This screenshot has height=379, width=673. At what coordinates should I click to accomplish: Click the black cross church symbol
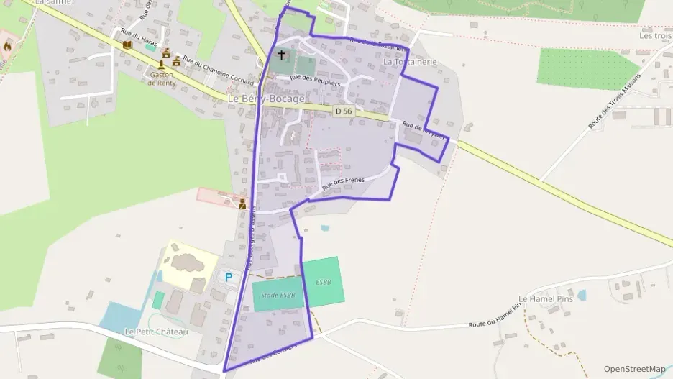tap(281, 55)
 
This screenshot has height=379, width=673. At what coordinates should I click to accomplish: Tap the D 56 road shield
tap(344, 111)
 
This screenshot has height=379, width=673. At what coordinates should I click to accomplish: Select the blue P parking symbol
tap(229, 277)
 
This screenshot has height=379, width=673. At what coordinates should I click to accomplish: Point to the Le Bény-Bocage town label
tap(266, 99)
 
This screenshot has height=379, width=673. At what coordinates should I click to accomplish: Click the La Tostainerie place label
tap(410, 63)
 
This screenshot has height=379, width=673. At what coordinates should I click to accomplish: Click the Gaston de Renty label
tap(162, 78)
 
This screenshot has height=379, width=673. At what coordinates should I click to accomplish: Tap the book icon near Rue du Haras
tap(128, 45)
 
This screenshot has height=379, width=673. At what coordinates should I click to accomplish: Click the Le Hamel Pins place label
tap(543, 298)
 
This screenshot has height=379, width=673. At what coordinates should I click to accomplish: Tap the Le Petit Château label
tap(156, 332)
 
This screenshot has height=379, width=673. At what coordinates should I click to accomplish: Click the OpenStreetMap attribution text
tap(634, 369)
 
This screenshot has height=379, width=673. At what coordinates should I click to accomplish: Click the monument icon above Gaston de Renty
tap(166, 53)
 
